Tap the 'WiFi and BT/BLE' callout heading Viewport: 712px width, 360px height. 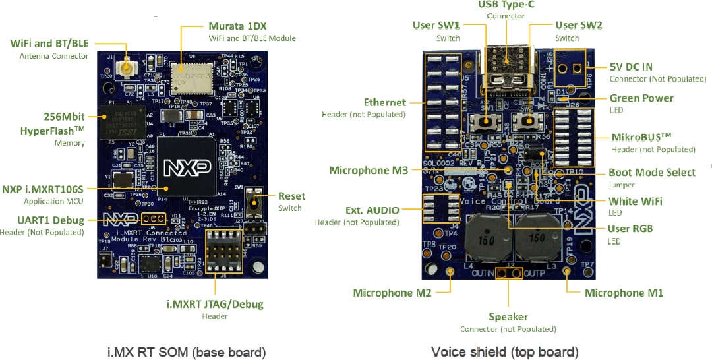49,44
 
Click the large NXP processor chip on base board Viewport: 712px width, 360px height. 187,165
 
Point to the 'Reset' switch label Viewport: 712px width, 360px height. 291,196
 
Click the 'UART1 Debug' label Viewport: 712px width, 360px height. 51,220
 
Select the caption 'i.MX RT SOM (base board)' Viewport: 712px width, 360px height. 186,352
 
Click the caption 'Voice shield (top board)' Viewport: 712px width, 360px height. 504,352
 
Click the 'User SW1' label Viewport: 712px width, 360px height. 436,25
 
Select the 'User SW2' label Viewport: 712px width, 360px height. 578,25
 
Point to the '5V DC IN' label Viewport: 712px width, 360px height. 631,67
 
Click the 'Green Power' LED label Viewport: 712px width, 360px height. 641,98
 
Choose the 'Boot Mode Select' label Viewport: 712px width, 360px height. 651,172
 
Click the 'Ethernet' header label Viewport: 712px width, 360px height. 385,102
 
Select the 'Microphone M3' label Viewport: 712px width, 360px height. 369,170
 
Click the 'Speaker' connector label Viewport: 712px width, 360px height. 509,316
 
